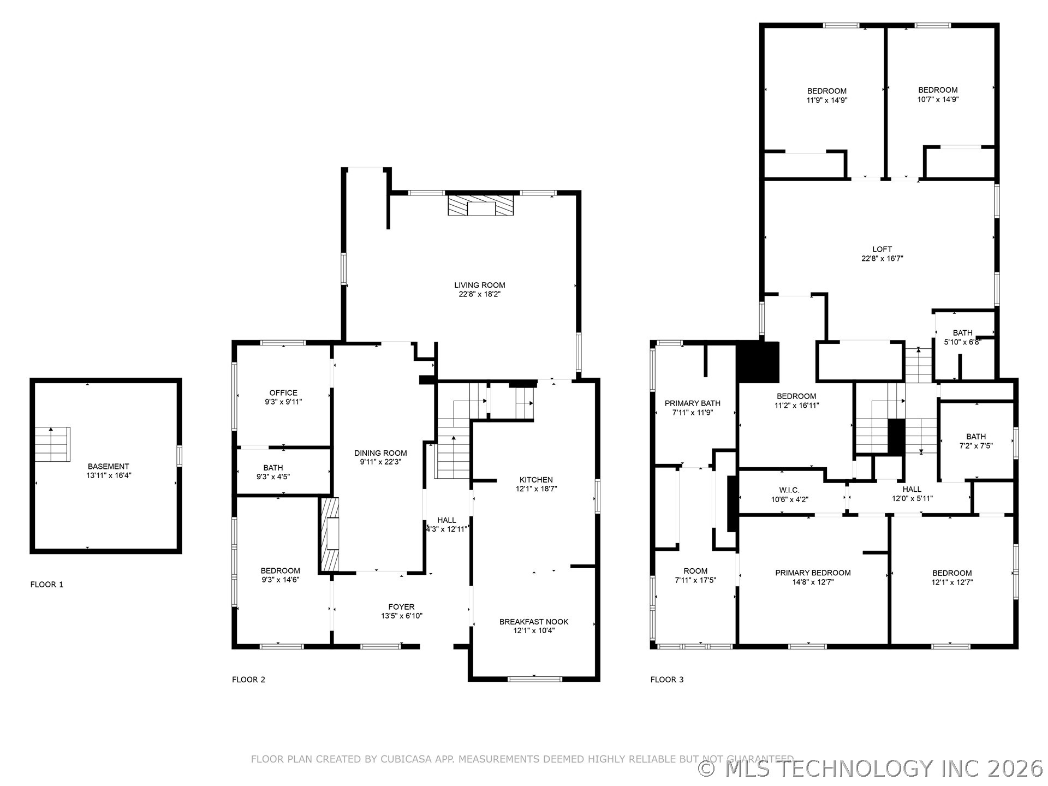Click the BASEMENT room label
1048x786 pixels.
pos(108,466)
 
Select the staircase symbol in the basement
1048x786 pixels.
pos(52,444)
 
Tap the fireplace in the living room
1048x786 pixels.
pos(480,205)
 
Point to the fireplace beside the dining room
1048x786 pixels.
pos(330,534)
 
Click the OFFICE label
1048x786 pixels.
pos(283,392)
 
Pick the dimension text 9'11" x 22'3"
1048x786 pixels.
pos(380,462)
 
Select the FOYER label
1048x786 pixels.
pos(401,606)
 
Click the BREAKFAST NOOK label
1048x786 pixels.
pos(533,622)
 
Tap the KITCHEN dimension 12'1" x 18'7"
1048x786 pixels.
pos(536,489)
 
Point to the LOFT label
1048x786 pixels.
pos(882,249)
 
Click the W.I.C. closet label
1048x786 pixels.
pos(789,490)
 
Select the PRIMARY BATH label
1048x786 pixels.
pos(692,403)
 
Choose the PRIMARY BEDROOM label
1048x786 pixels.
pos(813,573)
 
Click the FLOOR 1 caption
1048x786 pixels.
pos(46,585)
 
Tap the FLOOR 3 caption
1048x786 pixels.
pos(666,680)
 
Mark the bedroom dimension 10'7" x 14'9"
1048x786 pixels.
pos(938,99)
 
